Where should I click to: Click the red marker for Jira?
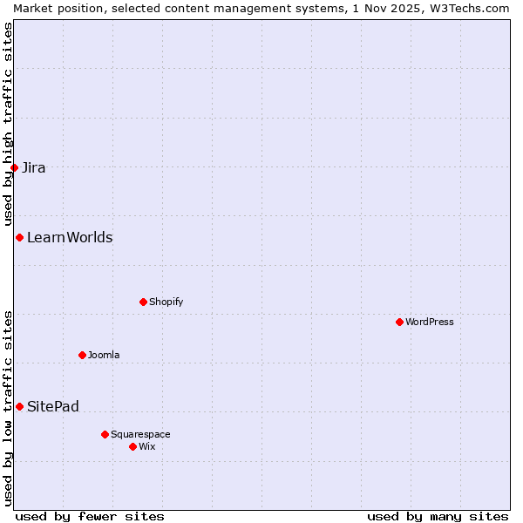pyautogui.click(x=15, y=167)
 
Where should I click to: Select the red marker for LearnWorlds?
pyautogui.click(x=19, y=237)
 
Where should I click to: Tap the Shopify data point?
pyautogui.click(x=143, y=302)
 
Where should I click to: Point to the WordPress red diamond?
pyautogui.click(x=399, y=322)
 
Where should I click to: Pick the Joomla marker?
pyautogui.click(x=82, y=355)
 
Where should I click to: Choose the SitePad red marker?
pyautogui.click(x=19, y=406)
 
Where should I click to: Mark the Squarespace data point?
pyautogui.click(x=105, y=434)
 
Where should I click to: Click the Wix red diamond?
pyautogui.click(x=132, y=446)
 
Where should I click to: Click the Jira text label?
pyautogui.click(x=34, y=167)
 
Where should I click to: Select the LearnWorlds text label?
pyautogui.click(x=70, y=237)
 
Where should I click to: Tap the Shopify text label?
pyautogui.click(x=166, y=302)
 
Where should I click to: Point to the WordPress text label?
pyautogui.click(x=429, y=322)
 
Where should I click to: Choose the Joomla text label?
pyautogui.click(x=104, y=355)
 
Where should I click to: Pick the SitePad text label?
pyautogui.click(x=53, y=406)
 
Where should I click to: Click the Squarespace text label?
pyautogui.click(x=140, y=434)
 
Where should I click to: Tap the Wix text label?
pyautogui.click(x=146, y=446)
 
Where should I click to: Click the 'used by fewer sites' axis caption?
pyautogui.click(x=90, y=516)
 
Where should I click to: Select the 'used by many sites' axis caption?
pyautogui.click(x=438, y=516)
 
